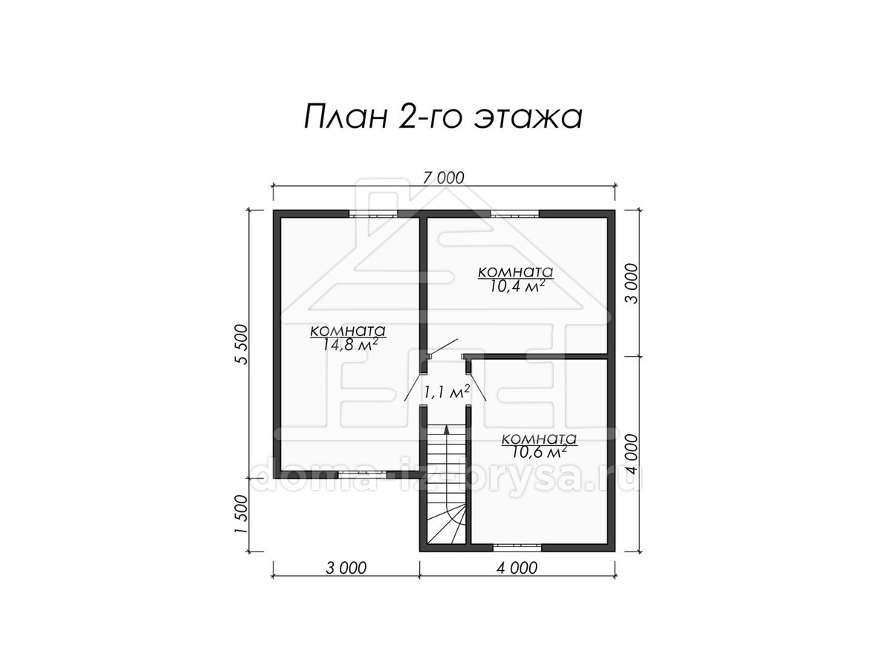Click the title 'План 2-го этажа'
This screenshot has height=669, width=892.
point(443,117)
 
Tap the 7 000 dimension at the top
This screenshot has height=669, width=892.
point(443,178)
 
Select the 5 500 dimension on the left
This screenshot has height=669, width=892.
point(242,344)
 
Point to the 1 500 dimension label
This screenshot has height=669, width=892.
point(242,514)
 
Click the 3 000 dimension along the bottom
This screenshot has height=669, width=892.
point(346,568)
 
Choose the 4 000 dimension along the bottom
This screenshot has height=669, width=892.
point(517,568)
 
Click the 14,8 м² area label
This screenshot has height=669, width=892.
point(349,345)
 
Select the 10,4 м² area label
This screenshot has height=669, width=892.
point(516,286)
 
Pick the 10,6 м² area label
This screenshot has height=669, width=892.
point(540,452)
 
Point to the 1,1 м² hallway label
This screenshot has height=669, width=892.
point(447,392)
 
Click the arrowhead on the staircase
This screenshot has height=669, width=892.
point(447,430)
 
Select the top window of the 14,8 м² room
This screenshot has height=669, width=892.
point(373,213)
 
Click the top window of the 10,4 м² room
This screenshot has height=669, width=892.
point(515,213)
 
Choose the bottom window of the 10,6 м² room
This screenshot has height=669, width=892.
point(517,548)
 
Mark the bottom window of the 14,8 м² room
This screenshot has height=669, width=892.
point(363,474)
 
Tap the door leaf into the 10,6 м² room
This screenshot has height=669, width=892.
point(478,387)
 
